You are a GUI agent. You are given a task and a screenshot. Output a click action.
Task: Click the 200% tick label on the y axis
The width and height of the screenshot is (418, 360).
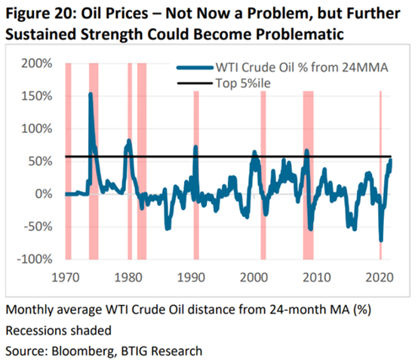coord(37,63)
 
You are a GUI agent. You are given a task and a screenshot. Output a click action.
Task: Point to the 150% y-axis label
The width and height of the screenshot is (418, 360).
coord(37,97)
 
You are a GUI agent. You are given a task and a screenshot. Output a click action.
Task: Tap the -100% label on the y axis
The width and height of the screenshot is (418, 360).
coord(35,259)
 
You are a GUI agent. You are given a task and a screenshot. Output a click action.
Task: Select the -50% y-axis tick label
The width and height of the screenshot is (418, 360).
coord(38,226)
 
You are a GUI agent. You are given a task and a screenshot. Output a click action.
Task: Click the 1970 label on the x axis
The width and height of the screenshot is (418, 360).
coord(66,278)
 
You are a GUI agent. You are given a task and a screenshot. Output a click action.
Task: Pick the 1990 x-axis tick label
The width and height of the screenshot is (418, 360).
coord(191,278)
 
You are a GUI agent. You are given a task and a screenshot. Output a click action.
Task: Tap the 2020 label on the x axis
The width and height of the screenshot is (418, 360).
coord(380,278)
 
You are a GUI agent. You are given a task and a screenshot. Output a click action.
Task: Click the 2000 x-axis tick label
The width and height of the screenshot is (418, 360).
coord(254,278)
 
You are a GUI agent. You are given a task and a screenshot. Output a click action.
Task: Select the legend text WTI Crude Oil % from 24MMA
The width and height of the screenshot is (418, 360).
coord(302,67)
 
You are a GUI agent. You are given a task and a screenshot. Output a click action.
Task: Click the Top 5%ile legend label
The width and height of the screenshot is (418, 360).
coord(243,83)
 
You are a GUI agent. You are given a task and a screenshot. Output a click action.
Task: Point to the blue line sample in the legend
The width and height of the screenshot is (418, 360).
coord(195,68)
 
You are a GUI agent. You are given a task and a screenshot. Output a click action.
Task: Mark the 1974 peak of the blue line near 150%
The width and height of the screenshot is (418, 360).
coord(91,94)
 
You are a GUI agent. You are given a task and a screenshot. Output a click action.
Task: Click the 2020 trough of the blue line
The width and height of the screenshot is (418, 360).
coord(381,240)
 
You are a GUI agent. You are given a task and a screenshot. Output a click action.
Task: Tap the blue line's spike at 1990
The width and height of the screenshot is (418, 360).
coord(195,146)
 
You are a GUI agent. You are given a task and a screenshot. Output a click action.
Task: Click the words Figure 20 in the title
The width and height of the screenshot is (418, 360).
coord(39,14)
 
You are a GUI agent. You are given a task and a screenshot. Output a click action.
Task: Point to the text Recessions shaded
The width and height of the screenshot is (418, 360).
coord(58,331)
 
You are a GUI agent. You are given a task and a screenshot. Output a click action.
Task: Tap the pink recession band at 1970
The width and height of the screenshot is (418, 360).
coord(69,162)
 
